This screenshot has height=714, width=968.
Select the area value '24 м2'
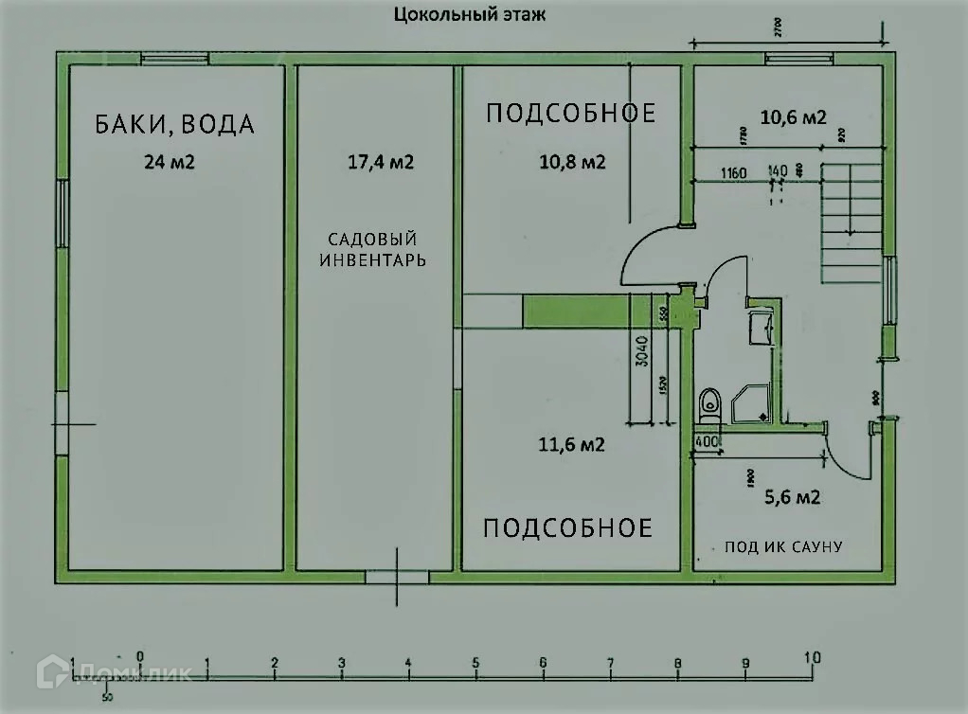(x=170, y=162)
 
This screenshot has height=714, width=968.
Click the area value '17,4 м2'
(x=382, y=162)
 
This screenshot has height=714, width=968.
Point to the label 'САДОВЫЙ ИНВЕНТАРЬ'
(x=372, y=249)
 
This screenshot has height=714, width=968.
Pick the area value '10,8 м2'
(x=572, y=162)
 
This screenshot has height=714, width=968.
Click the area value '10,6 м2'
(x=794, y=117)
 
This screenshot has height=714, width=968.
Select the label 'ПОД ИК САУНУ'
(x=783, y=546)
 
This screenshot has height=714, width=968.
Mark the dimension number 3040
(x=641, y=351)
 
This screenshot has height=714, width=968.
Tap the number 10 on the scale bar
(x=812, y=656)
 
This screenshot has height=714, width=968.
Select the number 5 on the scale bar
(x=475, y=662)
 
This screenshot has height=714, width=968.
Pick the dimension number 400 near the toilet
(x=706, y=441)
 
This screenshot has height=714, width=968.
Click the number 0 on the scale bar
(x=139, y=655)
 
